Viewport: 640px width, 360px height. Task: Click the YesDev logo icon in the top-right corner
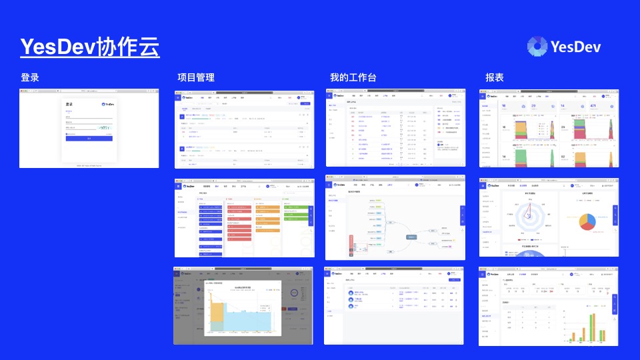(537, 46)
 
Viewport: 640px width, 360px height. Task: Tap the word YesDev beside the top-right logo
(576, 46)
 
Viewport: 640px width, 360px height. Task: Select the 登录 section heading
(30, 78)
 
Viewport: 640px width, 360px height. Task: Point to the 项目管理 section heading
(196, 78)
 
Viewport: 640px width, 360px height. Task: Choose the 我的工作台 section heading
(353, 78)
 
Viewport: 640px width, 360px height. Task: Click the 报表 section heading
(495, 78)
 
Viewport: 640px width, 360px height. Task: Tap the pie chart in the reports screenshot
(587, 221)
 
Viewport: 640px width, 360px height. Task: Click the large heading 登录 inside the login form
(69, 105)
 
